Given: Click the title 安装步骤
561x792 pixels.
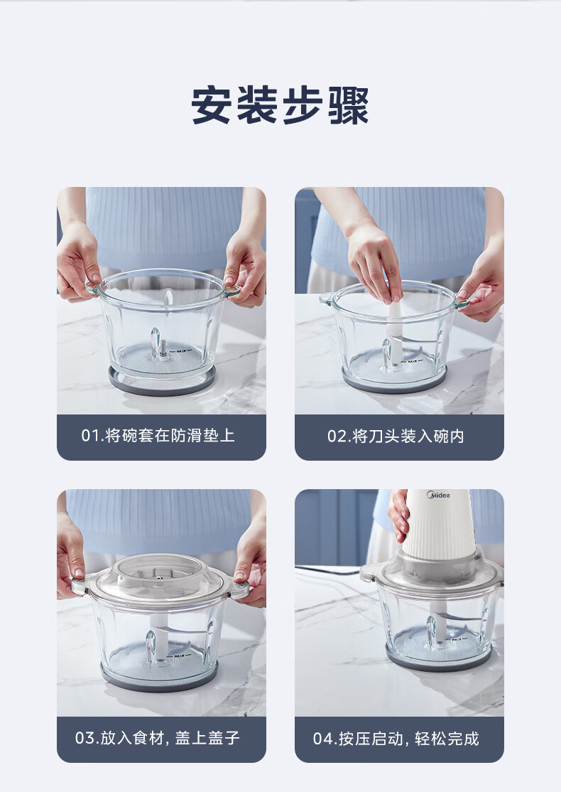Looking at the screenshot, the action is click(280, 105).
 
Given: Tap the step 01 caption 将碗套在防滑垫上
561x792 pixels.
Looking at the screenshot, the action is click(170, 435).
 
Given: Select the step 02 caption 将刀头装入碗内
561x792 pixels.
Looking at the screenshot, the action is click(408, 436).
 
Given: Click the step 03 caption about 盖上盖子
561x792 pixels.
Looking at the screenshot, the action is click(207, 738).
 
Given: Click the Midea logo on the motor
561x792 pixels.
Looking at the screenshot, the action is click(438, 495).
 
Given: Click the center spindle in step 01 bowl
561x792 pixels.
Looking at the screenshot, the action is click(163, 349).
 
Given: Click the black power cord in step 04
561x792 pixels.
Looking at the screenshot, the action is click(328, 569).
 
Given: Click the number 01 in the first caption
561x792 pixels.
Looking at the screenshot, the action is click(90, 435).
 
